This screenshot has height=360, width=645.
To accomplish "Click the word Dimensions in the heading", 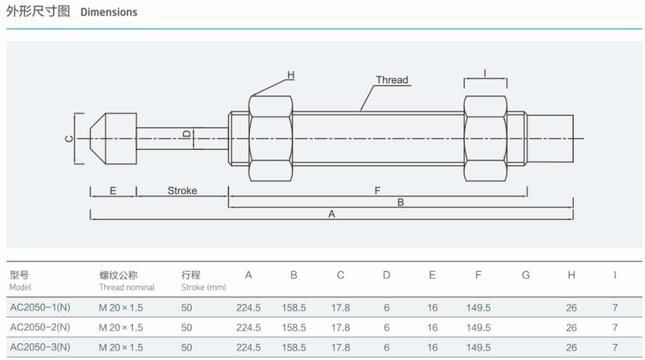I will tap(108, 12).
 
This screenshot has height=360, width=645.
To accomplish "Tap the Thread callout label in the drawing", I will tap(392, 80).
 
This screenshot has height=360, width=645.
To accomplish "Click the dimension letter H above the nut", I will tap(291, 75).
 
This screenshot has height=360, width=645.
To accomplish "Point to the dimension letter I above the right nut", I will tap(485, 73).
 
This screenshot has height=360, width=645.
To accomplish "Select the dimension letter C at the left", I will tap(68, 139).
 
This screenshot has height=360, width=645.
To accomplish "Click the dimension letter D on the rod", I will tap(186, 134).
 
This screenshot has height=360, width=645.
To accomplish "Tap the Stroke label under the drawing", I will tap(182, 191).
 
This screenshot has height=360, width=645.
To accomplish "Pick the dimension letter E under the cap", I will tap(112, 191).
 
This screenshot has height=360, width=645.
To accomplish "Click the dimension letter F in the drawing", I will tap(377, 191).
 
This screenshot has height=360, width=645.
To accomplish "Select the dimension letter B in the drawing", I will tap(401, 203).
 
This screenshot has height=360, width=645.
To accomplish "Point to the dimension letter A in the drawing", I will tap(332, 214).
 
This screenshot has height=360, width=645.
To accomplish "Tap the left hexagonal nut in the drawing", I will tap(271, 138).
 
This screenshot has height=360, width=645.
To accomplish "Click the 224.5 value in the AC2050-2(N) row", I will tap(248, 327).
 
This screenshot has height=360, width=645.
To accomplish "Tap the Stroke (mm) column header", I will tap(204, 281).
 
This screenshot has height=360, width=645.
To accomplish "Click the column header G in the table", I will tap(526, 275).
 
